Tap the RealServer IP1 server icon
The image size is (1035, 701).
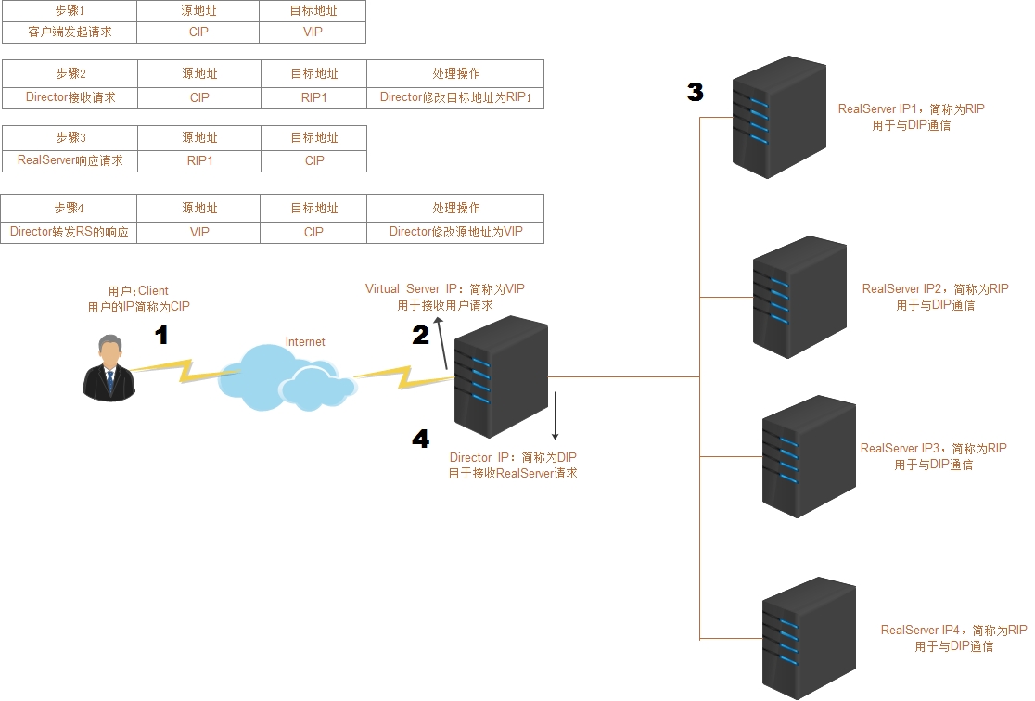pyautogui.click(x=779, y=116)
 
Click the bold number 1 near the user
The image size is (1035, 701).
pyautogui.click(x=161, y=336)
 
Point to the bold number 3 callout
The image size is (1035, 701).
pyautogui.click(x=696, y=92)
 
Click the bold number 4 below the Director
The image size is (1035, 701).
pyautogui.click(x=421, y=439)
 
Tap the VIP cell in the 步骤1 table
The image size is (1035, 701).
pyautogui.click(x=313, y=32)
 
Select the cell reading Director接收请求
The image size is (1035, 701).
pyautogui.click(x=70, y=97)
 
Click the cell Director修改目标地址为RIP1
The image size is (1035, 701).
pyautogui.click(x=455, y=97)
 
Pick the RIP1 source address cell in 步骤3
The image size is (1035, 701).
pyautogui.click(x=199, y=160)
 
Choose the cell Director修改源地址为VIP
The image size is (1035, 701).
pyautogui.click(x=455, y=232)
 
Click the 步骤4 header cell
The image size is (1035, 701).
pyautogui.click(x=70, y=208)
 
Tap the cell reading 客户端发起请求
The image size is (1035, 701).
pyautogui.click(x=70, y=32)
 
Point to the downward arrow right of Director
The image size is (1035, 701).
pyautogui.click(x=555, y=415)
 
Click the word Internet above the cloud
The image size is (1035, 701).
pyautogui.click(x=305, y=342)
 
